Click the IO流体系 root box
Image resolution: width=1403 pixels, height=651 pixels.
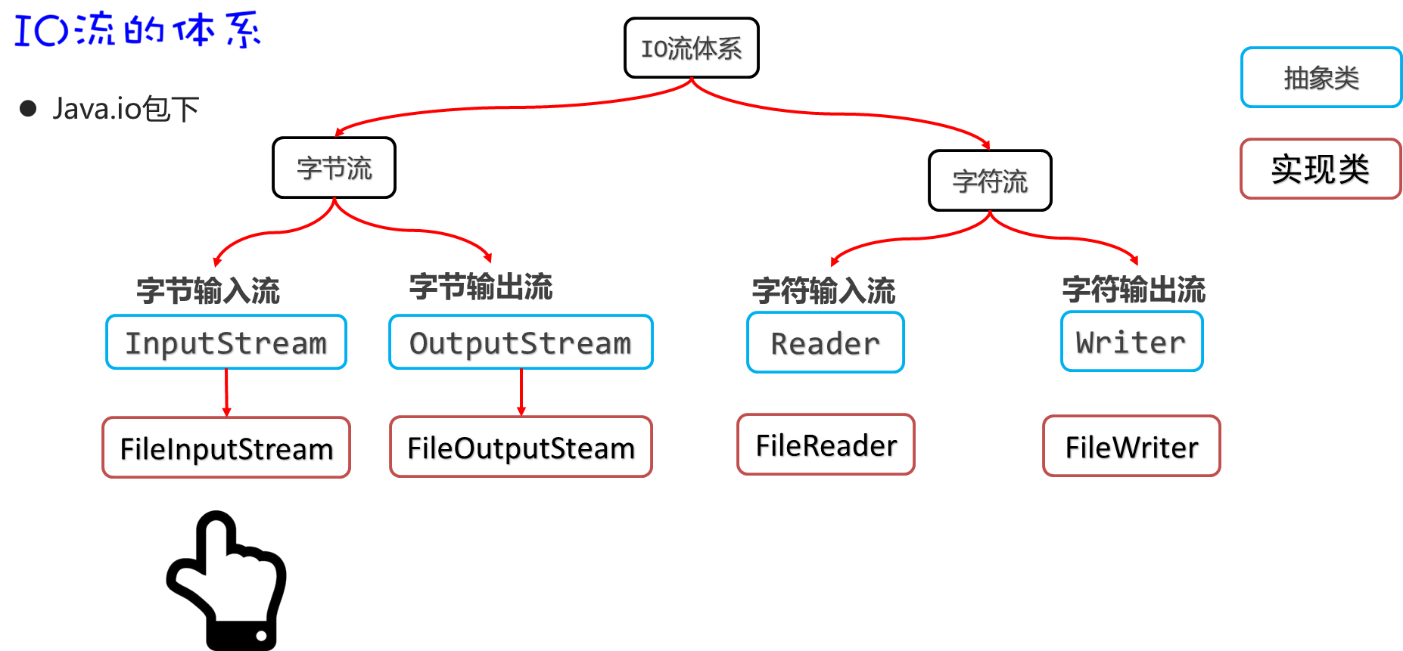point(691,48)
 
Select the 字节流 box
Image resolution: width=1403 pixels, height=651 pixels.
point(334,168)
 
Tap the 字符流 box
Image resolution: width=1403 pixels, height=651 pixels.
point(989,181)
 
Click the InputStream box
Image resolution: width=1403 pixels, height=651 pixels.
point(226,343)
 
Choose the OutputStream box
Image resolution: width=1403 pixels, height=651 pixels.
point(521,343)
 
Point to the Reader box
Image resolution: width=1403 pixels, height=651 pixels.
point(825,343)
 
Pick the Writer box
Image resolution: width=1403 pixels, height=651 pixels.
point(1131,342)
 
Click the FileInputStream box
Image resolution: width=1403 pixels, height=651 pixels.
point(226,448)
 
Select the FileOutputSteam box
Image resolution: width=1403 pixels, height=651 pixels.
point(521,447)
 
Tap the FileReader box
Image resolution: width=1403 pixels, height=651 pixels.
point(826,445)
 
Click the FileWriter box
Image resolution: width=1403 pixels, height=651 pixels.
point(1131,446)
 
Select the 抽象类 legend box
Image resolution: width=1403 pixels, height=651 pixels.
point(1321,78)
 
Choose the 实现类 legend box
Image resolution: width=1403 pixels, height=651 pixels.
point(1321,169)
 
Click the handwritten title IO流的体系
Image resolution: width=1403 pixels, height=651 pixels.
point(136,29)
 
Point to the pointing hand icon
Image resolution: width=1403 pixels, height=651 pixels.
point(227,578)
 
